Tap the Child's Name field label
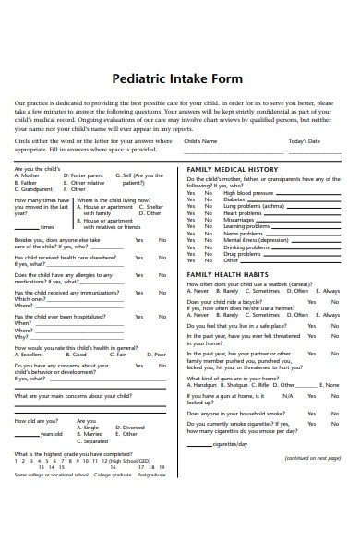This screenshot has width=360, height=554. (x=200, y=141)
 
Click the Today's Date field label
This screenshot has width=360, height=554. (x=305, y=141)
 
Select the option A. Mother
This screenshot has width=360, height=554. (x=28, y=175)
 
